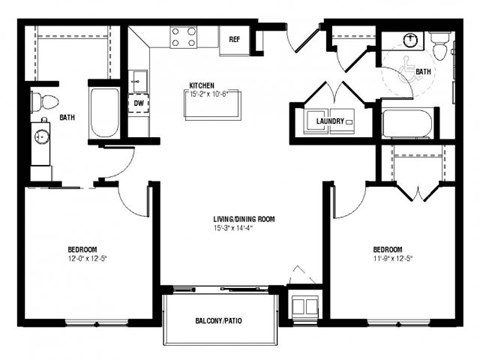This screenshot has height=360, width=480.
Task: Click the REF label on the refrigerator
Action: point(234,39)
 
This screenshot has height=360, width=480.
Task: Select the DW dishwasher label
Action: point(139,101)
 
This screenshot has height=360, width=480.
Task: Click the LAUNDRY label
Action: point(331,121)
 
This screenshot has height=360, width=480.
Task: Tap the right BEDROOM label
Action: point(387,249)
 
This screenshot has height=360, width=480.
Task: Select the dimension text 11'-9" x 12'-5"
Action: point(387,259)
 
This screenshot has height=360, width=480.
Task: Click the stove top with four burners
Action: point(183,38)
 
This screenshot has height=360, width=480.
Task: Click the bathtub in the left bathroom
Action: point(104,113)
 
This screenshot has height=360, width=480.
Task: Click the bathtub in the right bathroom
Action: point(408,124)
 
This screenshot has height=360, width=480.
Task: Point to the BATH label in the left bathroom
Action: point(67,118)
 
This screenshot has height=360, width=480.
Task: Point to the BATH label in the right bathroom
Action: point(423,71)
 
